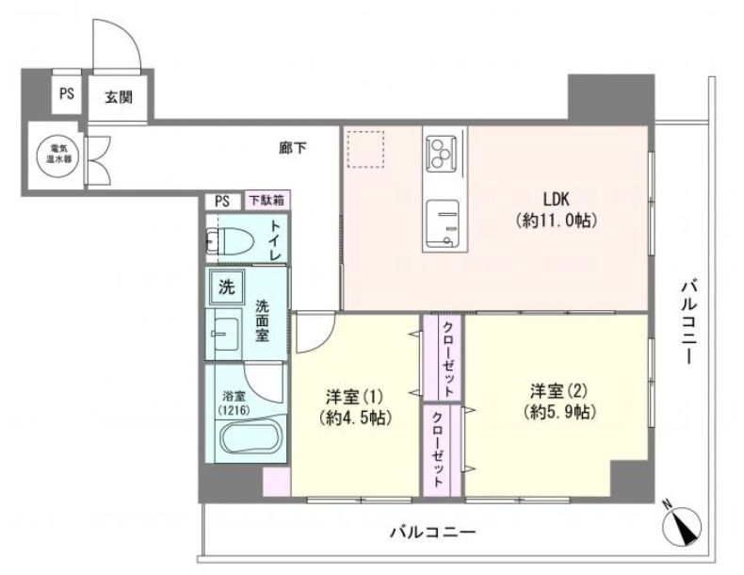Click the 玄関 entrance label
[118, 97]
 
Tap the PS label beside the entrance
[67, 93]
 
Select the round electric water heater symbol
[56, 155]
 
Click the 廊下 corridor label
[292, 148]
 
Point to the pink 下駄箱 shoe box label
[267, 201]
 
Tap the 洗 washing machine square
[226, 287]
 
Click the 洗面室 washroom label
[263, 320]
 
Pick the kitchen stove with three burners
[442, 154]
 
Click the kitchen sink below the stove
[443, 224]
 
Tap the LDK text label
[556, 199]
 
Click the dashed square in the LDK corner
[365, 149]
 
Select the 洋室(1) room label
[354, 395]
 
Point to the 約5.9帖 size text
[560, 412]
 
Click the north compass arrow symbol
[684, 525]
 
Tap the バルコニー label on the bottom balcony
[432, 532]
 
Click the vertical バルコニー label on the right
[688, 322]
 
